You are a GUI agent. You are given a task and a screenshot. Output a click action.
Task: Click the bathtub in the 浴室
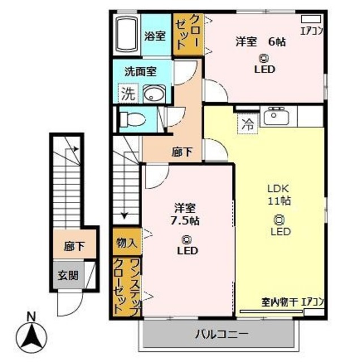pyautogui.click(x=126, y=35)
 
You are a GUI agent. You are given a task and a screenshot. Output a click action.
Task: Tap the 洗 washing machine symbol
pyautogui.click(x=128, y=93)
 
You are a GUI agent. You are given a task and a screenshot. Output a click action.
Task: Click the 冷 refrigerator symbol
pyautogui.click(x=248, y=124)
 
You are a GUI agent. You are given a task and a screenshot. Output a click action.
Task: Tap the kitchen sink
pyautogui.click(x=275, y=116)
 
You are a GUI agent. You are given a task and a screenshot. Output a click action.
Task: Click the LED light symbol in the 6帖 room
pyautogui.click(x=264, y=58)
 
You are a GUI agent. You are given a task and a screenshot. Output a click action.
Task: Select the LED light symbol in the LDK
pyautogui.click(x=279, y=220)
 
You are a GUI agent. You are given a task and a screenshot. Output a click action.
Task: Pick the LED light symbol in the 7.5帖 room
pyautogui.click(x=186, y=239)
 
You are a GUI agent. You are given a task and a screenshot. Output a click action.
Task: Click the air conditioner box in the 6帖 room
pyautogui.click(x=311, y=19)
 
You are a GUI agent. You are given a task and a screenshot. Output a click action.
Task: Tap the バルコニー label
pyautogui.click(x=221, y=334)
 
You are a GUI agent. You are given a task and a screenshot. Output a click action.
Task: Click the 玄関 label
pyautogui.click(x=68, y=275)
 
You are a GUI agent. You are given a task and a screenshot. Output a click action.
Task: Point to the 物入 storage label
pyautogui.click(x=126, y=243)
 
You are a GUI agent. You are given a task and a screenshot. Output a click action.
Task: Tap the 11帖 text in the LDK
pyautogui.click(x=279, y=200)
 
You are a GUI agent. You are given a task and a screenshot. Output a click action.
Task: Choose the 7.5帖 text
pyautogui.click(x=185, y=221)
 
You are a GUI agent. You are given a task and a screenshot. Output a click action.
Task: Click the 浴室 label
pyautogui.click(x=155, y=36)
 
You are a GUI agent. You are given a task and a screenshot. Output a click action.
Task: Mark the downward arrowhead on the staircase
pyautogui.click(x=125, y=216)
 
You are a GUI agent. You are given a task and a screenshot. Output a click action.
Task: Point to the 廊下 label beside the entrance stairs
pyautogui.click(x=74, y=247)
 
